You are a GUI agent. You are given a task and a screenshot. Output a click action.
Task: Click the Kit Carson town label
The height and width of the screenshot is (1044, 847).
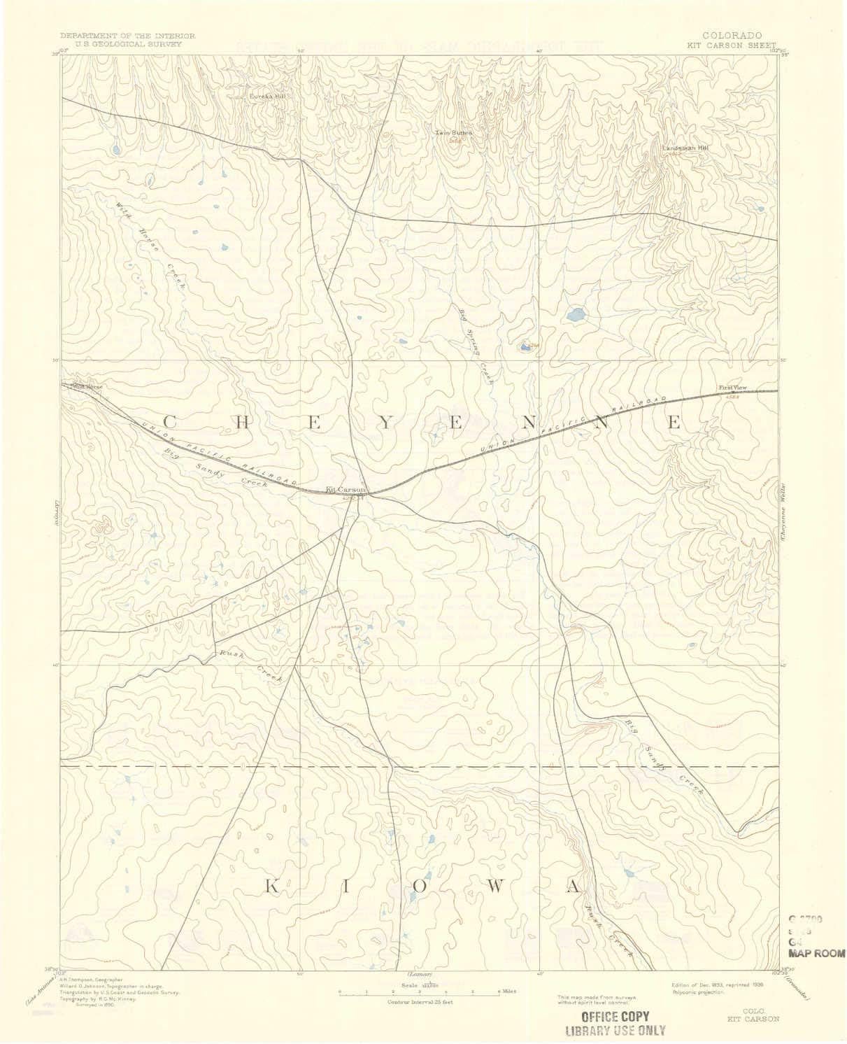click(342, 490)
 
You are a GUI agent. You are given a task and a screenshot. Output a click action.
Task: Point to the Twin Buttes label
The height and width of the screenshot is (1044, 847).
click(453, 132)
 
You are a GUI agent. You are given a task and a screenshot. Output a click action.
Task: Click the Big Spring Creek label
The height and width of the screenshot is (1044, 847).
click(476, 347)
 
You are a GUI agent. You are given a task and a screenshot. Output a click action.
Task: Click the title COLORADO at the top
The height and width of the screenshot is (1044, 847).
click(734, 35)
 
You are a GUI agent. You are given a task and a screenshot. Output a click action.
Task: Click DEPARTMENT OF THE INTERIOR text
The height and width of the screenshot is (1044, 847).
click(127, 35)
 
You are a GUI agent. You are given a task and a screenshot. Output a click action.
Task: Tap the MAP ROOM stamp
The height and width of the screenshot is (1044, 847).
click(816, 953)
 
